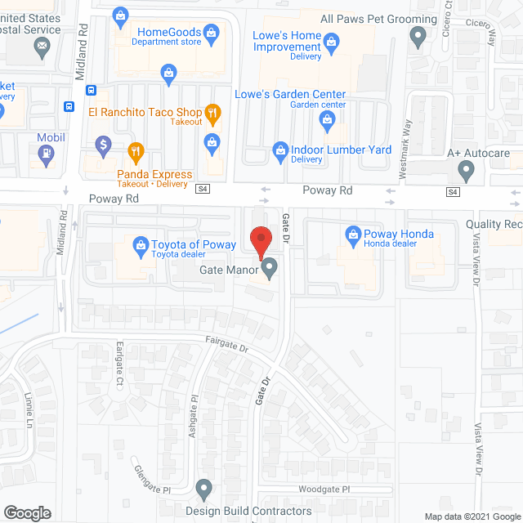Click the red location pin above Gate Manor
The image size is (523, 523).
[x=260, y=242]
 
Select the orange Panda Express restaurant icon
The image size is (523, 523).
[x=136, y=150]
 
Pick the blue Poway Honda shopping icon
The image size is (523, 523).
[x=354, y=235]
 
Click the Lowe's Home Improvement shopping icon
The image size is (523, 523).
[x=331, y=39]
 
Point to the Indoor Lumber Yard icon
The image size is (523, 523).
[x=279, y=150]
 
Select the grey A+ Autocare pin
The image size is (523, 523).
[x=466, y=172]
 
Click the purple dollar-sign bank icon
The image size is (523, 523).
[x=104, y=145]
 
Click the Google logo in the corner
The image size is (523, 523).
[x=27, y=513]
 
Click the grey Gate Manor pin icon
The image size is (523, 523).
[x=269, y=267]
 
